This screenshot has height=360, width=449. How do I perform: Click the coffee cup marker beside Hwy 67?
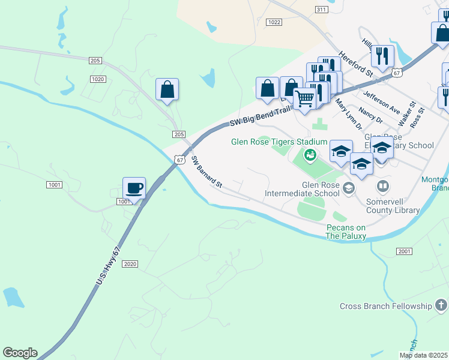134,188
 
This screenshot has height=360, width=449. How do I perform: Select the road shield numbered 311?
321,10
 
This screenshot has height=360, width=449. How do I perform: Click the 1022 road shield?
274,22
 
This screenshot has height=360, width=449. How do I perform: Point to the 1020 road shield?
97,79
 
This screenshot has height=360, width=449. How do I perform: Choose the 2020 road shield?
131,264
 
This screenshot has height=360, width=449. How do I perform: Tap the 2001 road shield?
404,251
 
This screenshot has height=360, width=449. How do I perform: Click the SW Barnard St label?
206,173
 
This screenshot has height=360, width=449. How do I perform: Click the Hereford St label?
356,62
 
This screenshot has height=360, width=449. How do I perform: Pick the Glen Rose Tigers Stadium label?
280,142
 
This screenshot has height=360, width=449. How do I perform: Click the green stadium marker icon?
310,156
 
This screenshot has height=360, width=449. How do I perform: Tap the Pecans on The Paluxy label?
346,232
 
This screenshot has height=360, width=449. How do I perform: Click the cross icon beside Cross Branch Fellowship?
442,306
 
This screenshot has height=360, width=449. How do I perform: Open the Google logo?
20,353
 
